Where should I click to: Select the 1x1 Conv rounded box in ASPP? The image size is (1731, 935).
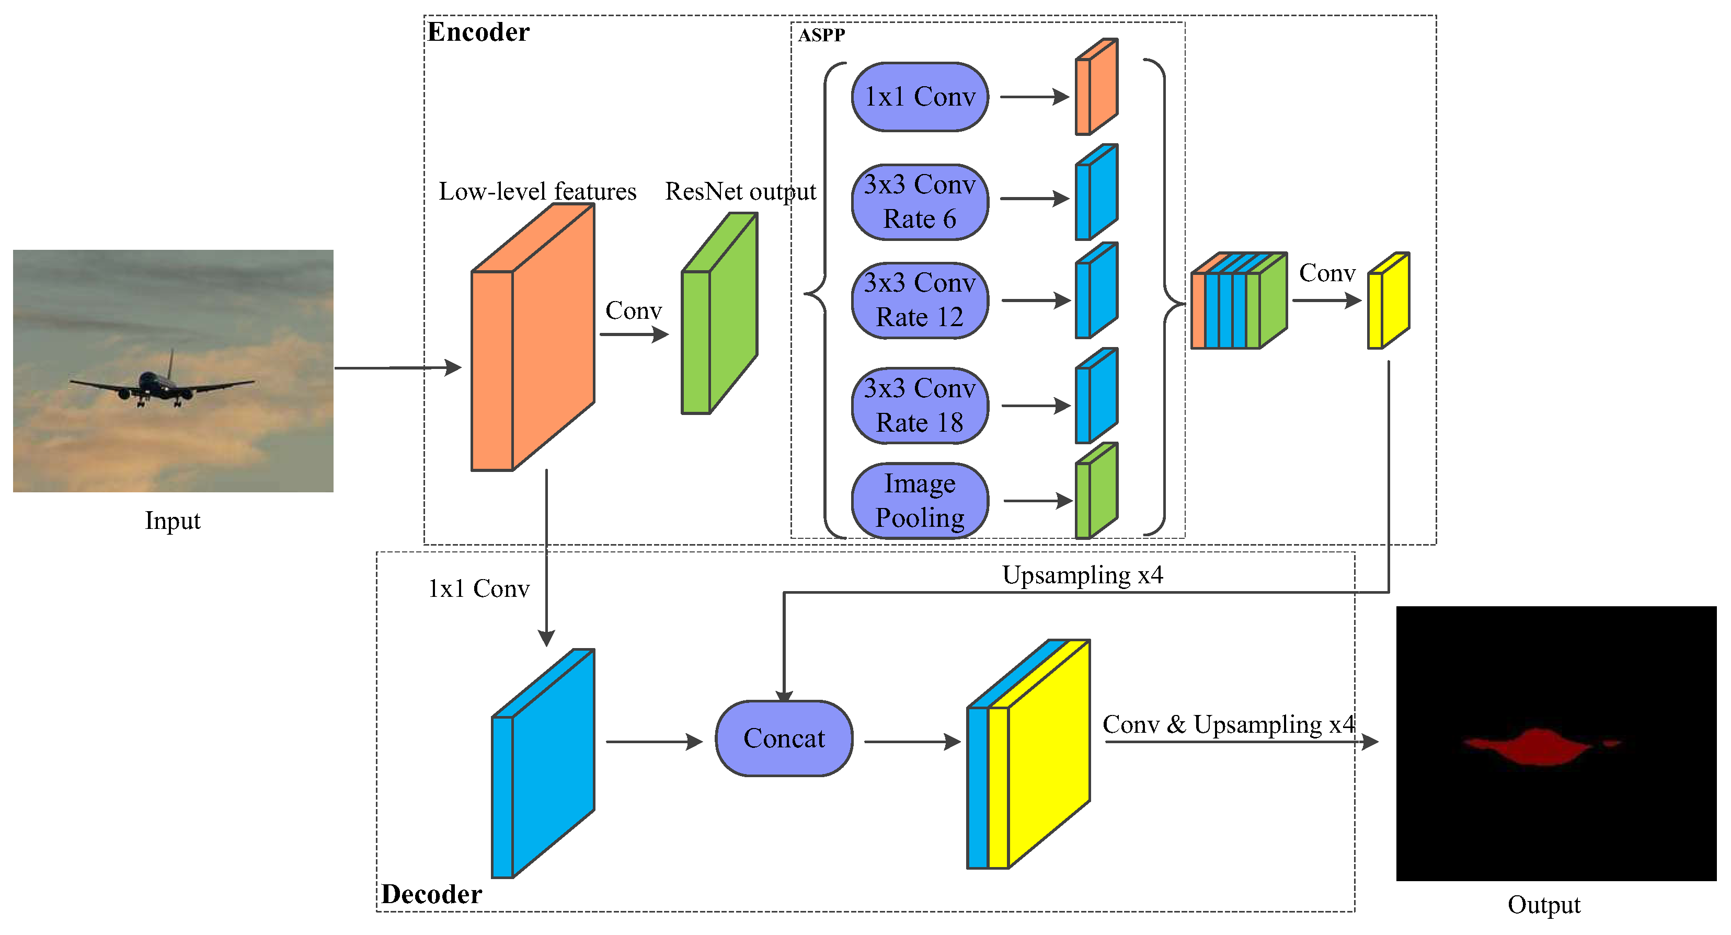(x=919, y=97)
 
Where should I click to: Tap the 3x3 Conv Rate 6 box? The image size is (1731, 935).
(x=919, y=202)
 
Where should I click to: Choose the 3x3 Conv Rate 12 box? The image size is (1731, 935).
(x=919, y=299)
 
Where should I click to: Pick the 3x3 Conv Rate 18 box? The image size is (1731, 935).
(x=919, y=405)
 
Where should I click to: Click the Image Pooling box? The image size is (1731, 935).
(x=919, y=500)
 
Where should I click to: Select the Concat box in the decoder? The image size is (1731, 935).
(x=784, y=738)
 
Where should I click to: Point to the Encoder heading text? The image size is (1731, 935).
(x=478, y=32)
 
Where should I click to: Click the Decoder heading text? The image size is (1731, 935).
(x=431, y=894)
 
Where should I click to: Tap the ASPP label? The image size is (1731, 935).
(x=821, y=36)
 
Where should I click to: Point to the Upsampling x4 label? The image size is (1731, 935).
(x=1082, y=575)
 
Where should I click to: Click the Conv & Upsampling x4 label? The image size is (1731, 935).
(x=1229, y=724)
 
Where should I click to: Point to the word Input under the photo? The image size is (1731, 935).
(x=173, y=521)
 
